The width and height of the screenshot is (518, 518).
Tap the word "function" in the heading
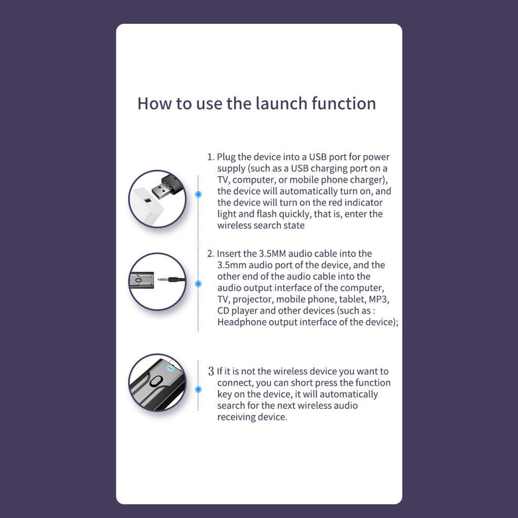(x=344, y=103)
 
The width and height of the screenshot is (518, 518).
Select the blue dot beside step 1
(x=198, y=194)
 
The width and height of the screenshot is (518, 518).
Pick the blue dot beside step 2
(x=198, y=284)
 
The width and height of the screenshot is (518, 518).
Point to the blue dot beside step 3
(x=198, y=390)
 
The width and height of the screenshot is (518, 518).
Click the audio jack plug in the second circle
(x=171, y=280)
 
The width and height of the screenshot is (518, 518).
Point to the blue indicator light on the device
(x=170, y=368)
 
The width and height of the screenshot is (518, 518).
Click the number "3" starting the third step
(x=211, y=371)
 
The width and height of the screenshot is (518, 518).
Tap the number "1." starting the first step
(x=211, y=157)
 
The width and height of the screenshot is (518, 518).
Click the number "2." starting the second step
(x=211, y=254)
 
